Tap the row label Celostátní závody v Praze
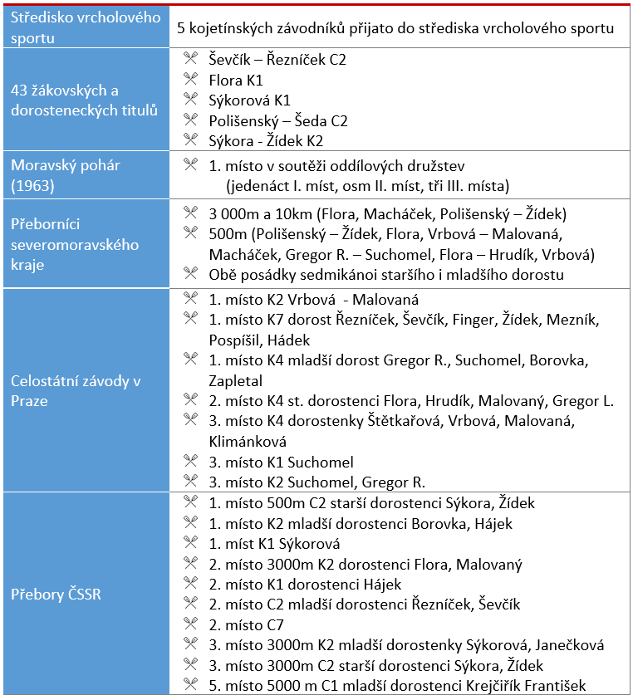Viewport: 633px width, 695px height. (76, 390)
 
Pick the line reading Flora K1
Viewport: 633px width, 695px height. (236, 81)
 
